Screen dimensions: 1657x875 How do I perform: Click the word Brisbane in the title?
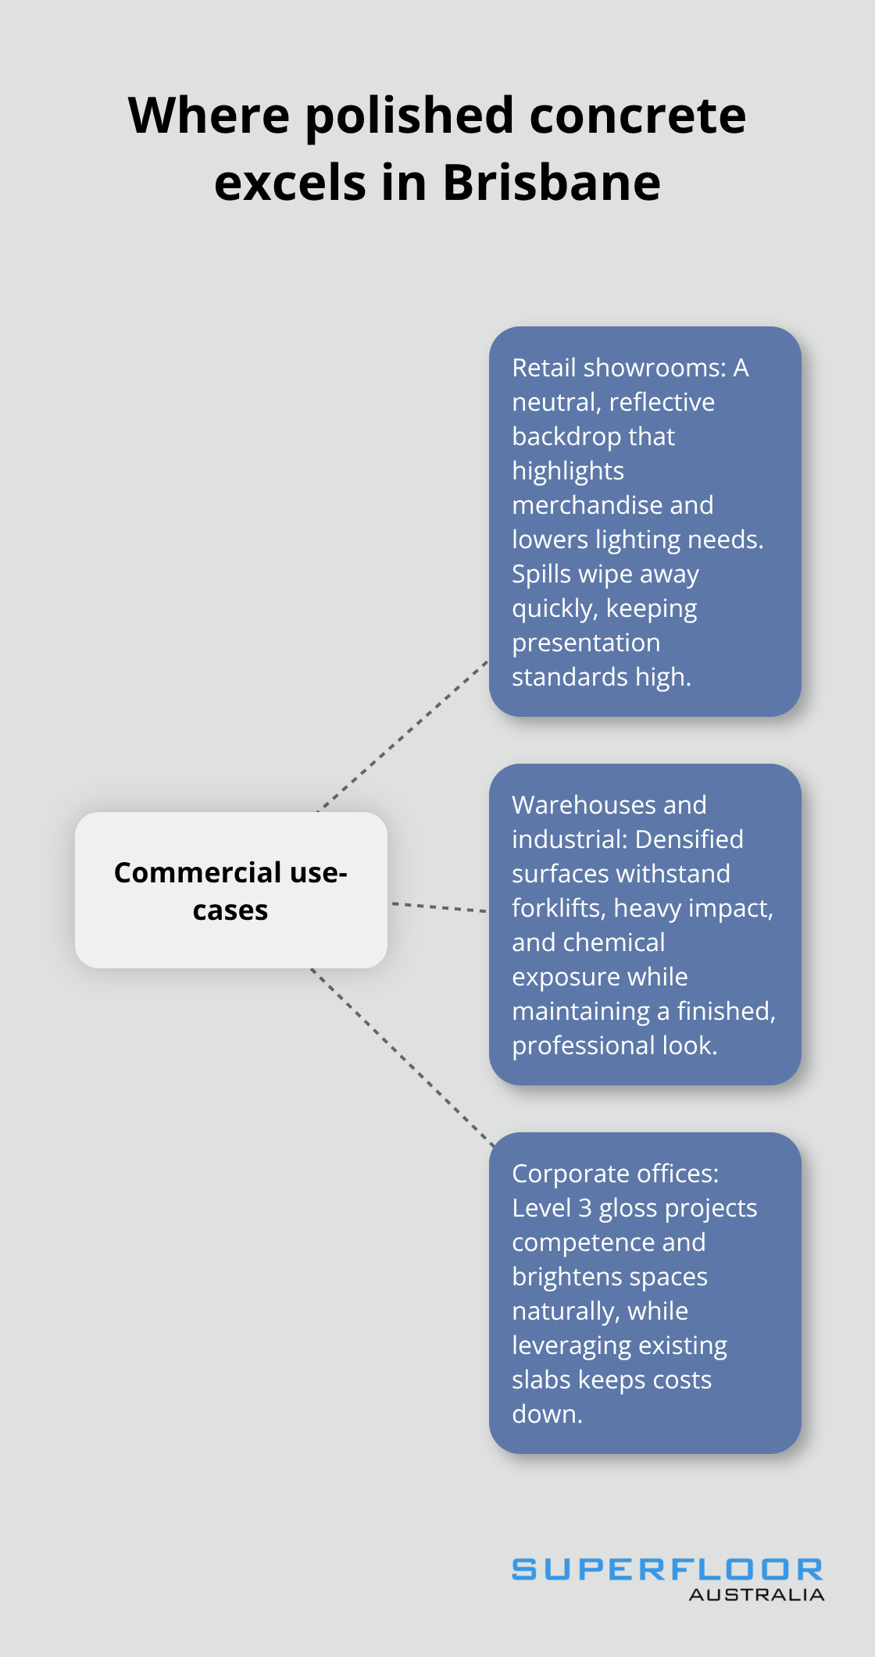[x=552, y=182]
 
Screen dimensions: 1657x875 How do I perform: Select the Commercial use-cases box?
[x=230, y=890]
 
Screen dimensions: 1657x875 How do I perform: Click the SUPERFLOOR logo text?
[x=667, y=1570]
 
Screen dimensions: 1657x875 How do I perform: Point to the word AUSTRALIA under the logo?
[x=756, y=1595]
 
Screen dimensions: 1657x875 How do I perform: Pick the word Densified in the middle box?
[x=689, y=839]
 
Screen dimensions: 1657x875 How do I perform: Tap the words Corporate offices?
[x=615, y=1174]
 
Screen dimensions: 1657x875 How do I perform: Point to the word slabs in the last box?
[x=541, y=1380]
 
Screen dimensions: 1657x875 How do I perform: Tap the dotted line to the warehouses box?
[x=438, y=907]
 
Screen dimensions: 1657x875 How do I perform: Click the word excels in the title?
[x=290, y=182]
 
